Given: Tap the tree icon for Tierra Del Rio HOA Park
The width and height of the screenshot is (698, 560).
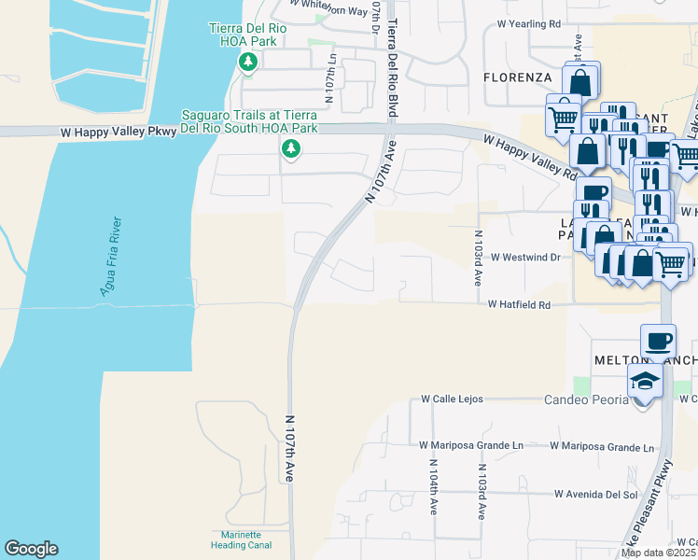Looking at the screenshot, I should pos(248,63).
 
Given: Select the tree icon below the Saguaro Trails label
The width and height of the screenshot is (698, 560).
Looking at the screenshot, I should pos(291,148).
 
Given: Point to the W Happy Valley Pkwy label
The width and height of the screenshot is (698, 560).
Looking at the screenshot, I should pos(119,133).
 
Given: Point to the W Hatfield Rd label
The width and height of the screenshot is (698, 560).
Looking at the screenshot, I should pos(526,304).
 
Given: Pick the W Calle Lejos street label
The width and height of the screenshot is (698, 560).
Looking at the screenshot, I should pos(452,399).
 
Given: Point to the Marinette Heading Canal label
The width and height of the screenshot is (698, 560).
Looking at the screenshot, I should pos(241,539).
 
